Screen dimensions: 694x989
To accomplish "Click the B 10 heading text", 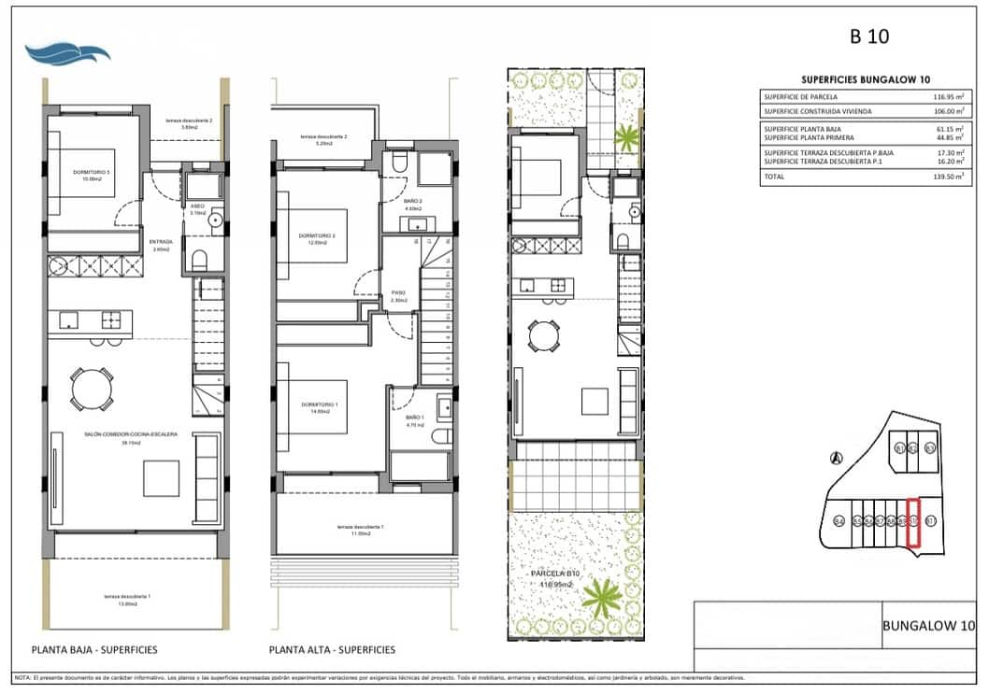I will pyautogui.click(x=868, y=37).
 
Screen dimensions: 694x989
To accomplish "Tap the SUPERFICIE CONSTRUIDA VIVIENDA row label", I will pyautogui.click(x=819, y=111).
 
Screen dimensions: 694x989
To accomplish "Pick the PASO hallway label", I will pyautogui.click(x=397, y=292).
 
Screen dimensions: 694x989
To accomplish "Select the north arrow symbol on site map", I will pyautogui.click(x=837, y=458).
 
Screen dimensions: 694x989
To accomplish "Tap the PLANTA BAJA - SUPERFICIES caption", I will pyautogui.click(x=94, y=650).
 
